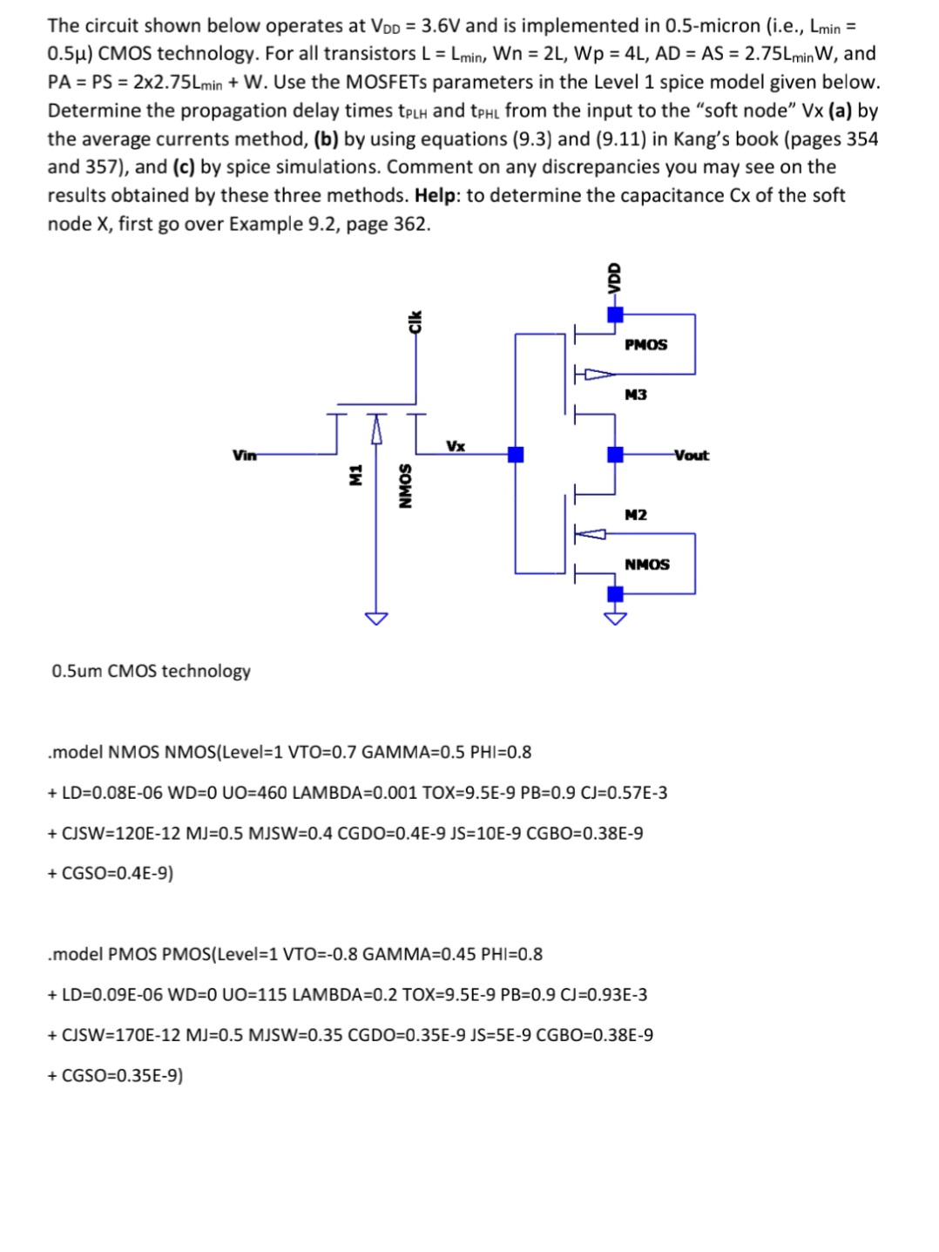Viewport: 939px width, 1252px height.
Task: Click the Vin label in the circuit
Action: pos(244,455)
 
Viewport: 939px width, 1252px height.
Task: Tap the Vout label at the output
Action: pos(692,455)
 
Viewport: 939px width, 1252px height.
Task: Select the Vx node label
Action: pos(456,446)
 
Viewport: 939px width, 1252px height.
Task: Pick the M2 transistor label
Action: pos(636,515)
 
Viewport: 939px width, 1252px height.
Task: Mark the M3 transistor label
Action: pos(636,395)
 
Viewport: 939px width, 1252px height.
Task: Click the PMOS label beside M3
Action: pos(645,345)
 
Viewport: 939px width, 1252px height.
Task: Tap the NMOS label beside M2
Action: pos(646,565)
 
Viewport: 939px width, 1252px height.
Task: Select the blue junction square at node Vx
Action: pos(516,454)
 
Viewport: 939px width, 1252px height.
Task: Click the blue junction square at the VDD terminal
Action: pos(615,315)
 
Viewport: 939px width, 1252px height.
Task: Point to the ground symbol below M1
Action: pos(375,619)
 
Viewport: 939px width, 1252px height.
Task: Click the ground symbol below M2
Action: pos(615,619)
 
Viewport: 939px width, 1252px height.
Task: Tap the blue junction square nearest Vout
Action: pos(615,454)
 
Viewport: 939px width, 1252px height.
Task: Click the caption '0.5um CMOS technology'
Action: pos(151,671)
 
